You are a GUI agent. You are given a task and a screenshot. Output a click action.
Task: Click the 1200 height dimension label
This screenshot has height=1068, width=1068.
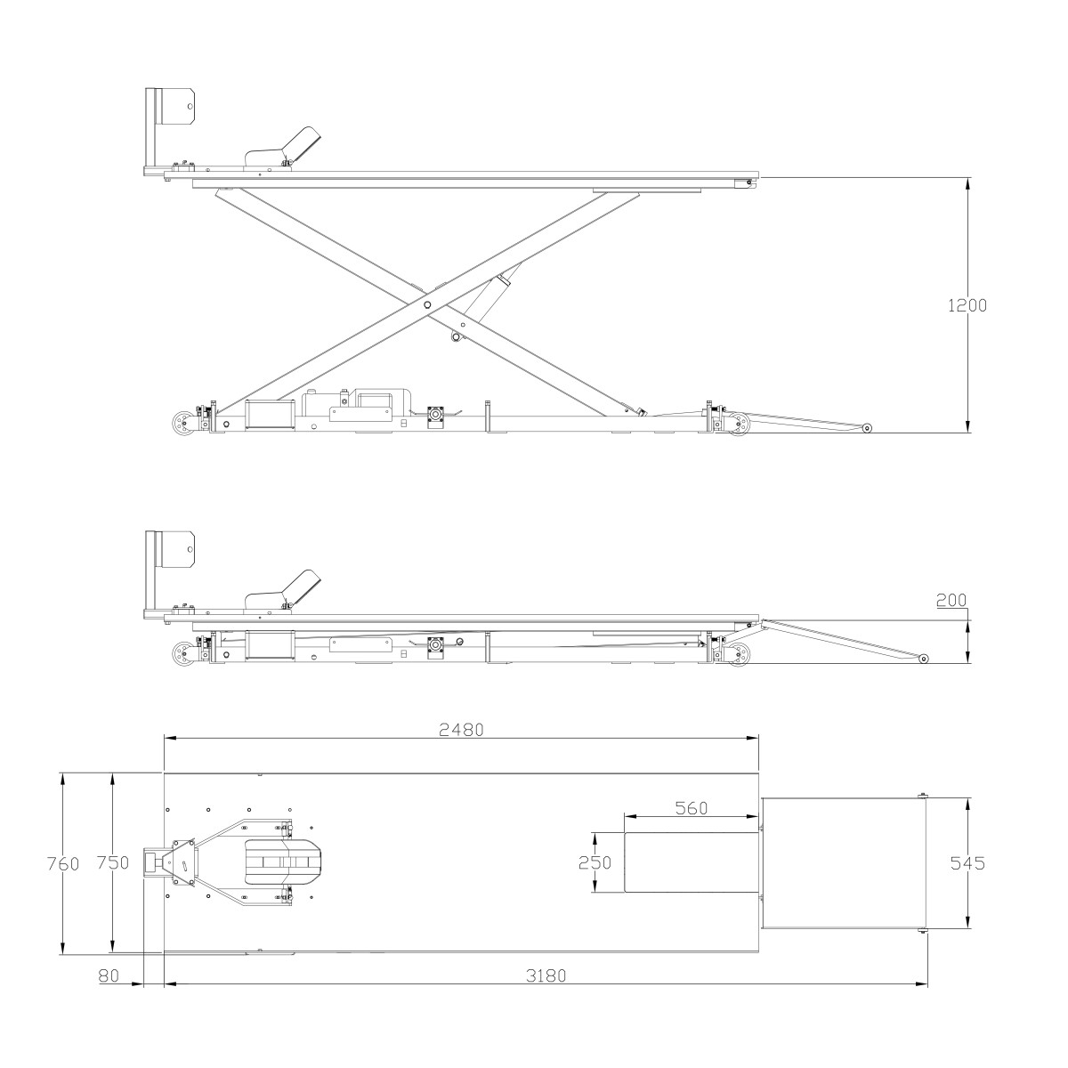coord(967,305)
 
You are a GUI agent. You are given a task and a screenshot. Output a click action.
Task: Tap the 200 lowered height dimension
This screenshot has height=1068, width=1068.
coord(951,600)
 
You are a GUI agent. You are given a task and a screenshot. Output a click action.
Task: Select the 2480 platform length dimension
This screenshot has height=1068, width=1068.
coord(461,730)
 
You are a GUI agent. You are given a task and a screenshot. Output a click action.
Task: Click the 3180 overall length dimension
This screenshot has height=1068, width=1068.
coord(546,975)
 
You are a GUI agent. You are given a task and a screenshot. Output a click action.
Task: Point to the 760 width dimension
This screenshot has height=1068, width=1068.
coord(63,863)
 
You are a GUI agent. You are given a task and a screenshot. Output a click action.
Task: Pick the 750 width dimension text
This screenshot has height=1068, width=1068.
coord(112,862)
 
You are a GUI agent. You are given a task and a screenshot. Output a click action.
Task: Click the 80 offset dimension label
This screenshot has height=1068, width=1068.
coord(109,975)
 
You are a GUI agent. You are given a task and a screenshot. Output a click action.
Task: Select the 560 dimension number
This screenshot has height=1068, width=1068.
coord(692,809)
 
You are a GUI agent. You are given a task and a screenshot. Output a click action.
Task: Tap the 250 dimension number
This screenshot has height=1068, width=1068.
coord(595,862)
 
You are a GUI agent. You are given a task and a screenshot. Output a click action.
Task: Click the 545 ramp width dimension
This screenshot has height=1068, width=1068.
coord(967,863)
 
